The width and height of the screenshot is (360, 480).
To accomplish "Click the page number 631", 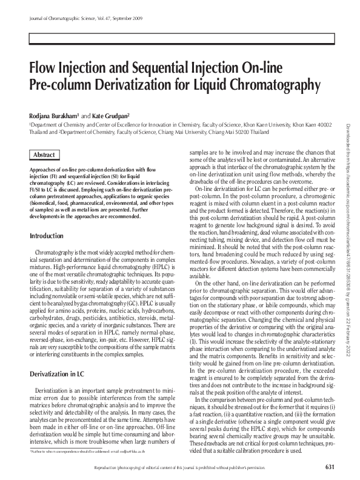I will click(x=330, y=466).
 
